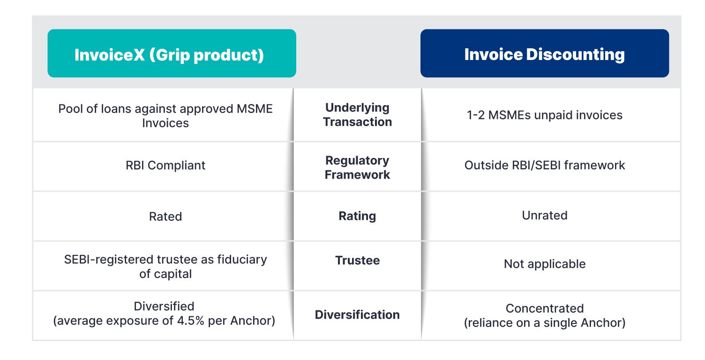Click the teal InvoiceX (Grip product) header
172,53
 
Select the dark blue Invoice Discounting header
545,53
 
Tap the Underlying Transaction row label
357,114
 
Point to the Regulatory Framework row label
357,167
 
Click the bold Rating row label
357,216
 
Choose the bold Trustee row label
357,260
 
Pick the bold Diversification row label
357,315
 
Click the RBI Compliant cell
165,165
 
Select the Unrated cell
545,216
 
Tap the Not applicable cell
545,264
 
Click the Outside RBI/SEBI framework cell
545,165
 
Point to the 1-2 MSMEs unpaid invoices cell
545,115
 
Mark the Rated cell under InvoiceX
165,217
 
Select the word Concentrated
545,308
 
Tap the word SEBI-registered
109,260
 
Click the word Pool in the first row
70,109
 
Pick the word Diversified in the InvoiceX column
164,306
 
